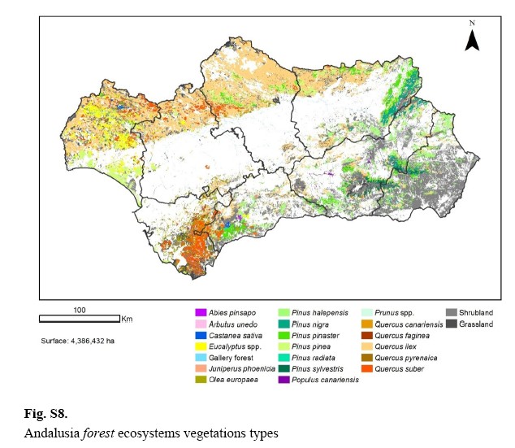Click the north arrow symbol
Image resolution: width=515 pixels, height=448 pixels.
[472, 40]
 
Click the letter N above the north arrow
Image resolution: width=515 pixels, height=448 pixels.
[472, 23]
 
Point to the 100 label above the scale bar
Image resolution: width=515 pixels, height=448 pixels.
[80, 309]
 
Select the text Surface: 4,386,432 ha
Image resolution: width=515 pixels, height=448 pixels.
[77, 340]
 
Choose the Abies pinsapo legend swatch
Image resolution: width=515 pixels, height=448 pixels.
[201, 313]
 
